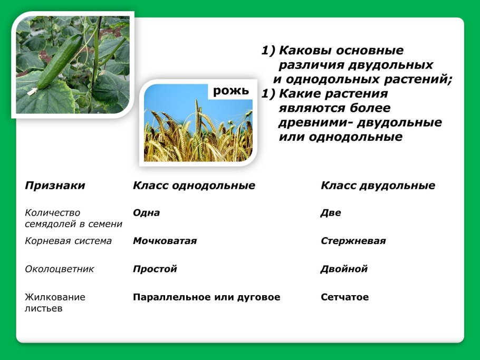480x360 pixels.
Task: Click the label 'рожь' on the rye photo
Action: (x=231, y=91)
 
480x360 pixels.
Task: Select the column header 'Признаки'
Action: (x=55, y=186)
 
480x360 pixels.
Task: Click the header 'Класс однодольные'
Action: (x=194, y=186)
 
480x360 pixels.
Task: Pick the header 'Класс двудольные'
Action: (x=378, y=186)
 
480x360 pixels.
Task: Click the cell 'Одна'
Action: (x=146, y=213)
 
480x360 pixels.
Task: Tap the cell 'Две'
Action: (x=331, y=213)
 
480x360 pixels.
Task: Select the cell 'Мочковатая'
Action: (x=165, y=241)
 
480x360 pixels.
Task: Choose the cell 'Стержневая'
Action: (x=353, y=241)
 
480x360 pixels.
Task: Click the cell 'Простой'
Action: (x=155, y=269)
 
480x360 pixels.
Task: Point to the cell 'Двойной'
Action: (x=343, y=269)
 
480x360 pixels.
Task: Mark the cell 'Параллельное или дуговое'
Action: (x=206, y=297)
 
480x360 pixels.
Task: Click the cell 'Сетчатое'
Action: (x=344, y=297)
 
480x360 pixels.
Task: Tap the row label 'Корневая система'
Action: (x=68, y=241)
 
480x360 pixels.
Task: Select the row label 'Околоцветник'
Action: (x=59, y=269)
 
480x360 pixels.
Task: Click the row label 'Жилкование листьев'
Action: (x=55, y=303)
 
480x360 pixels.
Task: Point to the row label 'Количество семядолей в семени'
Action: (x=73, y=218)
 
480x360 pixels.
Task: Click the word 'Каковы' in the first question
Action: (x=304, y=51)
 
